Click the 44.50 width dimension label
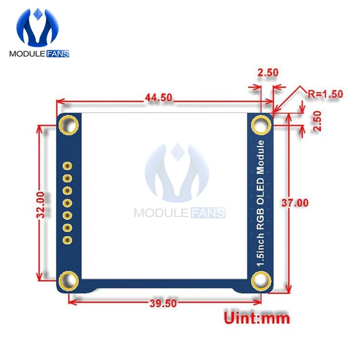pyautogui.click(x=158, y=97)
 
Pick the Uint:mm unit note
pyautogui.click(x=257, y=318)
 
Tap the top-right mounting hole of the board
pyautogui.click(x=260, y=123)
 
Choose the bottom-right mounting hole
pyautogui.click(x=260, y=279)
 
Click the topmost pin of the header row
pyautogui.click(x=67, y=166)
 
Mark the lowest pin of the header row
pyautogui.click(x=67, y=240)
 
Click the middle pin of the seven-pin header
pyautogui.click(x=67, y=203)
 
